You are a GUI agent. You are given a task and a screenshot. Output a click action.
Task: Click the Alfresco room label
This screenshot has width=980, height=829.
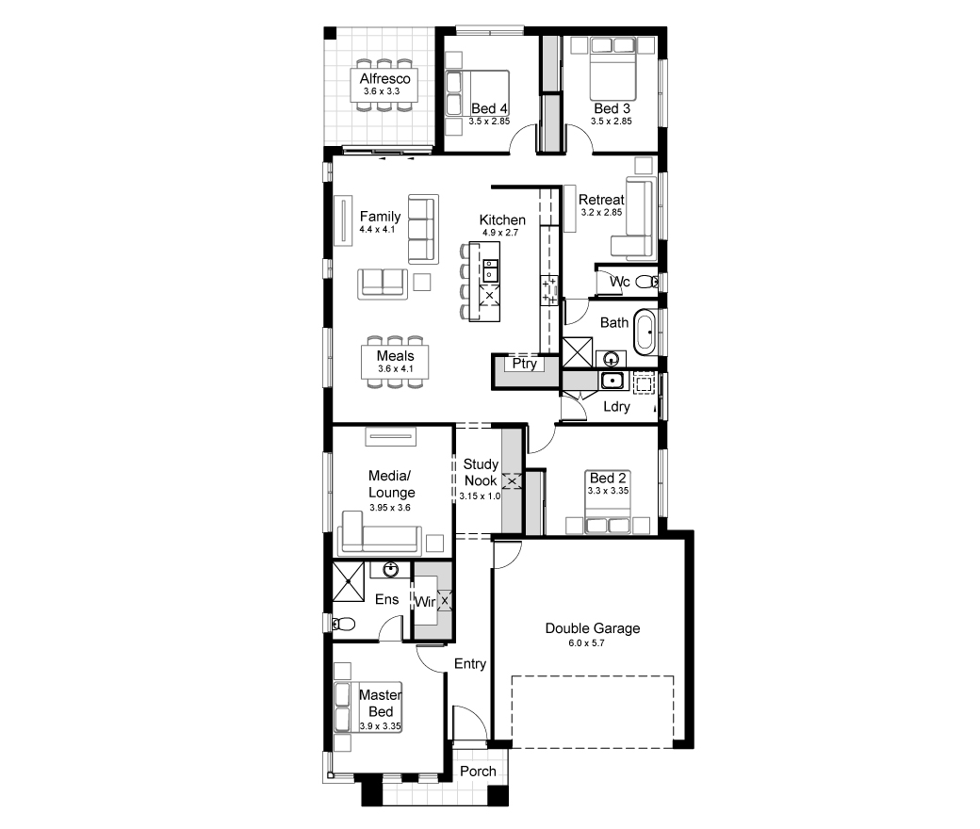(384, 79)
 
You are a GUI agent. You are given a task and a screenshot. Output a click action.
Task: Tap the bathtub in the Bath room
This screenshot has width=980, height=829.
(645, 331)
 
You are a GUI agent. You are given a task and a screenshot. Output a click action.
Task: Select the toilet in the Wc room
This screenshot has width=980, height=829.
(645, 283)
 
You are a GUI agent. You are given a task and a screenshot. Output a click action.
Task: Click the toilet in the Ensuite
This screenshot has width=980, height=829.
(343, 624)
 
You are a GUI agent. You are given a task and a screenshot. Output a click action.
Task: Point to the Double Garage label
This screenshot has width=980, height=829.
(593, 628)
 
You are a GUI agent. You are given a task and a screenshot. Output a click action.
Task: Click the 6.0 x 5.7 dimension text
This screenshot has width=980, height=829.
(586, 643)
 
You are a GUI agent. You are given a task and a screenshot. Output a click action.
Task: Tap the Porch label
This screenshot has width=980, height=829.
(478, 772)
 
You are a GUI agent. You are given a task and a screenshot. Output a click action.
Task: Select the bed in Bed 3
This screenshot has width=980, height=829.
(613, 68)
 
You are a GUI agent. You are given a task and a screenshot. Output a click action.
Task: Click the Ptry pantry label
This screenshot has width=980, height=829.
(524, 364)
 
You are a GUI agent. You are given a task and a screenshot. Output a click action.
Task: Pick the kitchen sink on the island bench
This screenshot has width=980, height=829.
(490, 270)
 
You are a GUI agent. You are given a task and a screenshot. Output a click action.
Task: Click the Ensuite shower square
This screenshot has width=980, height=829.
(348, 581)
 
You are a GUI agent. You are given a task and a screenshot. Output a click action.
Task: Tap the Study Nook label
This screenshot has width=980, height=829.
(481, 472)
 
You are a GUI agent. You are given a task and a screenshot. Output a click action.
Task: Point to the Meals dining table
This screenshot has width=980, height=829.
(395, 362)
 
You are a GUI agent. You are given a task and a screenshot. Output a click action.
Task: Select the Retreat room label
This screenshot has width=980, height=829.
(601, 200)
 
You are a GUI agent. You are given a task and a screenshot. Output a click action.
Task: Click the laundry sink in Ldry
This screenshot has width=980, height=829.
(612, 380)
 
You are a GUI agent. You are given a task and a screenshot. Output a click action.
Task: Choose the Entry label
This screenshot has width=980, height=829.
(470, 664)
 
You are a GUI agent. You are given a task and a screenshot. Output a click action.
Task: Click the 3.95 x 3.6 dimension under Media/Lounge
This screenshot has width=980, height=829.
(390, 508)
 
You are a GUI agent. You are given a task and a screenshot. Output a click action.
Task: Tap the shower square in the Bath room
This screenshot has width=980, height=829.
(578, 351)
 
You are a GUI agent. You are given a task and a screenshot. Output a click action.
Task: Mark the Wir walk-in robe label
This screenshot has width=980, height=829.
(425, 602)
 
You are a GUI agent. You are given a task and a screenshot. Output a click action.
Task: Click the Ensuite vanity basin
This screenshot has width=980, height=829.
(391, 569)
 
